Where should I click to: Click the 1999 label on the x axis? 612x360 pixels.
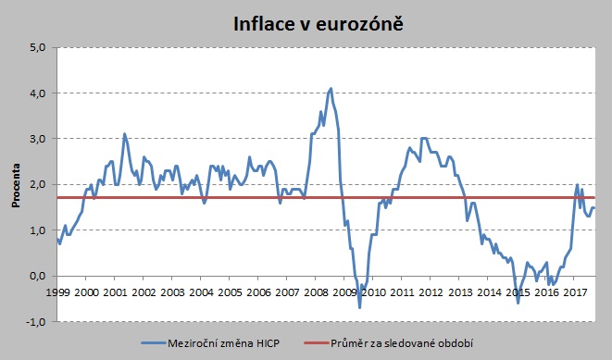(57, 292)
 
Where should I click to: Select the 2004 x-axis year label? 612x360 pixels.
(201, 292)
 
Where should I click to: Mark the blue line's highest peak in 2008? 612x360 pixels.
(331, 89)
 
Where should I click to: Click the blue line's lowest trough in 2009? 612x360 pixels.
(360, 306)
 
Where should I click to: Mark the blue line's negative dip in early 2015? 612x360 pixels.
(518, 303)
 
